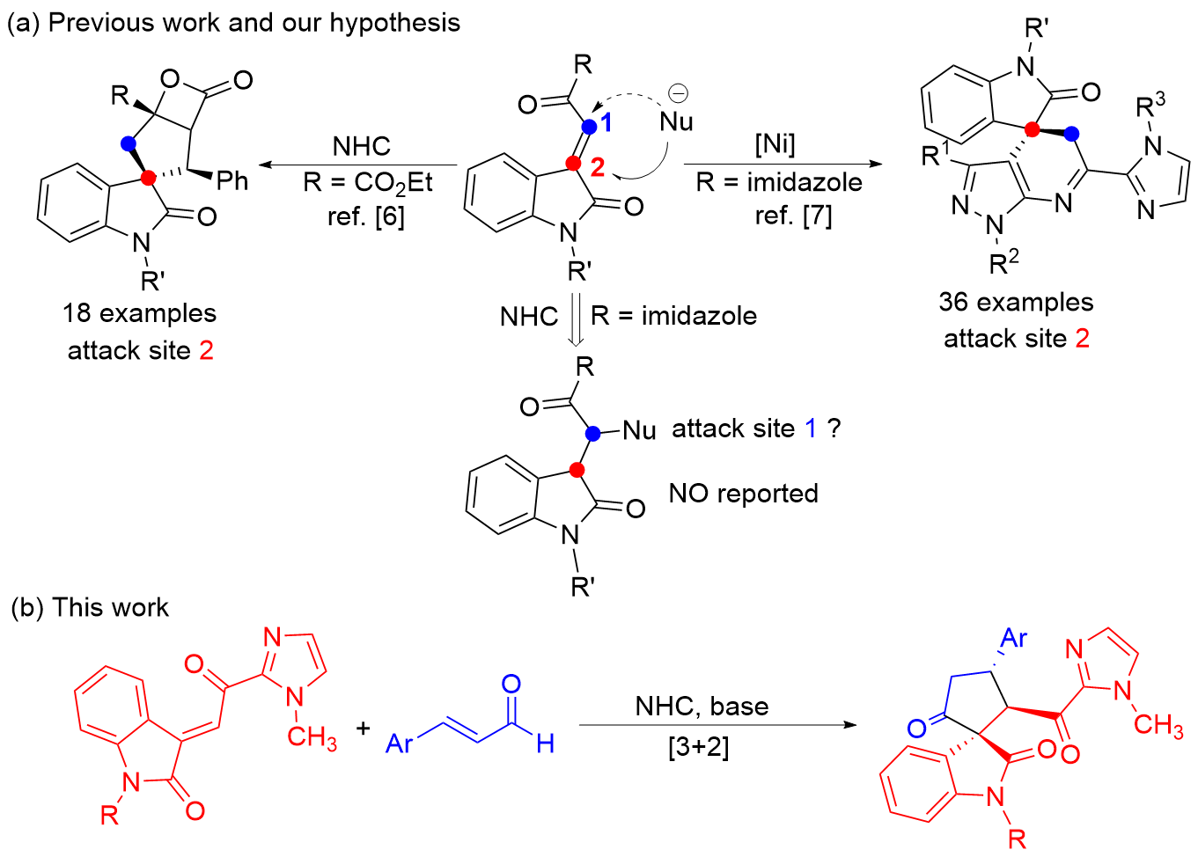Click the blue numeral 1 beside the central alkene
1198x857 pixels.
pos(606,123)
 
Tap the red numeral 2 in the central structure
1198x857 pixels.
pos(598,167)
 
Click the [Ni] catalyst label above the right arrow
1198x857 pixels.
pos(775,143)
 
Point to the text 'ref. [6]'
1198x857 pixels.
pos(366,216)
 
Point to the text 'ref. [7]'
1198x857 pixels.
pos(793,215)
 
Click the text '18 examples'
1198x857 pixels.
pos(139,313)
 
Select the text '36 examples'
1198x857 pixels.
pos(1016,302)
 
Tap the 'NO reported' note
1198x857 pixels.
pos(744,494)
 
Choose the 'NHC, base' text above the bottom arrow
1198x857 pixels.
pos(702,707)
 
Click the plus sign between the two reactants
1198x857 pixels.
pos(363,728)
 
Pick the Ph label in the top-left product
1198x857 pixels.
pos(232,181)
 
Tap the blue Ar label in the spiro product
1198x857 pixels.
pos(1013,638)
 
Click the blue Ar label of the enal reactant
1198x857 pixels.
pos(400,744)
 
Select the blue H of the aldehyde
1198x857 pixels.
pos(545,744)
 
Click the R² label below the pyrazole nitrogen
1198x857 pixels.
pos(1003,262)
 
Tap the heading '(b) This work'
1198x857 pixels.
pos(90,608)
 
